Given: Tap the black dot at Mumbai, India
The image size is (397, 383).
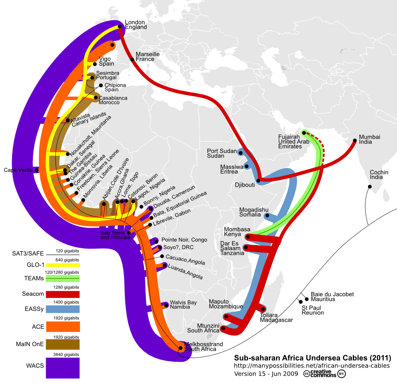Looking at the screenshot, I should point(355,141).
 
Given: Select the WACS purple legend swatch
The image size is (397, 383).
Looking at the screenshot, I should point(62,368).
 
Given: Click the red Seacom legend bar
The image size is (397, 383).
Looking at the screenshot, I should point(62,294).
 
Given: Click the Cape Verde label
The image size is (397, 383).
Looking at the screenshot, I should point(17,170).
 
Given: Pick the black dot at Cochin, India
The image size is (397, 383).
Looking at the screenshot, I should point(369,187).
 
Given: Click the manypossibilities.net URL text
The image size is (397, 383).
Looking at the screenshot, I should point(312,366).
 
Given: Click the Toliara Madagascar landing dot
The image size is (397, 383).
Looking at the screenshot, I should point(263,309).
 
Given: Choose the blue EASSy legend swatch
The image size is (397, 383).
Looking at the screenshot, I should point(62,309).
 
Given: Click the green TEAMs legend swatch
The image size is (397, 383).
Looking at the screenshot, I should point(62,278).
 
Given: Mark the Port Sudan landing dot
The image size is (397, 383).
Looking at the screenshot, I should point(241,153).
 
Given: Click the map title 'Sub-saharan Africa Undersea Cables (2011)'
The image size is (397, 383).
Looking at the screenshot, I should point(312,357).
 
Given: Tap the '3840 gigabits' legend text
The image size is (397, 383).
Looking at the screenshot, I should point(67,354).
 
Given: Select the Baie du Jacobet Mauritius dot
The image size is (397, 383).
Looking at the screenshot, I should point(307,299).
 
